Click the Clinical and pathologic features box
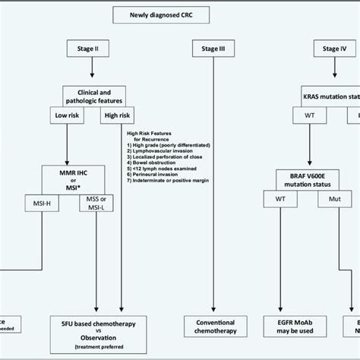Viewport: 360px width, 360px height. click(x=92, y=96)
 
